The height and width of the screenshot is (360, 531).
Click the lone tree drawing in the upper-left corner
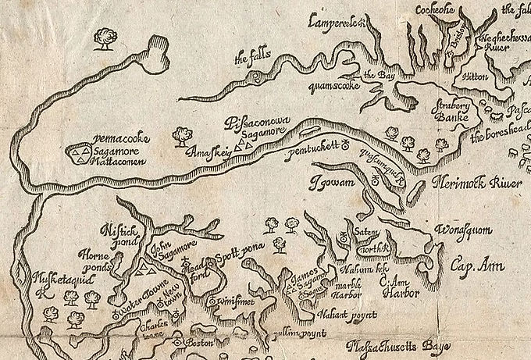pos(104,36)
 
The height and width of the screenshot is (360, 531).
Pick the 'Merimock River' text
pos(477,184)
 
